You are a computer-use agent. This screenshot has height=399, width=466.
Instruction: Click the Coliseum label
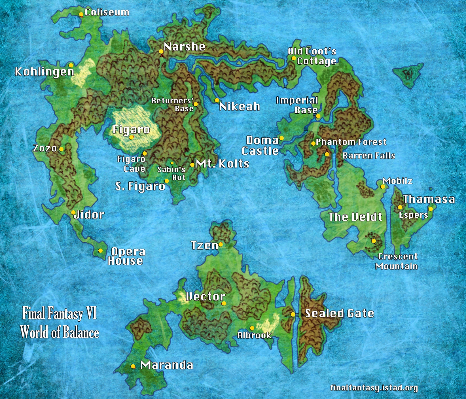pos(107,12)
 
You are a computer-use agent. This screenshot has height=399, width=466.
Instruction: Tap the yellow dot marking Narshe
pos(161,51)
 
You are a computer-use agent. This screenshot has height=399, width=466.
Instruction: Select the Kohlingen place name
pos(45,72)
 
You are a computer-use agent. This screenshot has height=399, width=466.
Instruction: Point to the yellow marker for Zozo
pos(61,149)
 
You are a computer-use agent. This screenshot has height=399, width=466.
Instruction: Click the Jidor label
pos(89,215)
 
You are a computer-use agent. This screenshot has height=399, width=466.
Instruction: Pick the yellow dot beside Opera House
pos(100,251)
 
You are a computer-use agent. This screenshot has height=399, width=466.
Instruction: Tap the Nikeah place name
pos(240,107)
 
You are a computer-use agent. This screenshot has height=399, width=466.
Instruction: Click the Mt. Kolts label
pos(223,164)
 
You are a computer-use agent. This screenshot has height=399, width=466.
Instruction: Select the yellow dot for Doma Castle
pos(281,138)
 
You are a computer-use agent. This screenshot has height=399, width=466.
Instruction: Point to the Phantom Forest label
pos(351,142)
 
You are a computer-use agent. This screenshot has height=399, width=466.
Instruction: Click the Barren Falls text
pos(369,156)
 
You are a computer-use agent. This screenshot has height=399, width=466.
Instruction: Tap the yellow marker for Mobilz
pos(383,186)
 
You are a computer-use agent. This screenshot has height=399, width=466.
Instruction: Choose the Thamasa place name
pos(429,199)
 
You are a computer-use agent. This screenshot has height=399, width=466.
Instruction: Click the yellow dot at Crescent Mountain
pos(374,241)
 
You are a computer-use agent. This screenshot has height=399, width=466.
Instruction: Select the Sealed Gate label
pos(339,313)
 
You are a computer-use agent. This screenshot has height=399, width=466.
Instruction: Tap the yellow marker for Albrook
pos(252,328)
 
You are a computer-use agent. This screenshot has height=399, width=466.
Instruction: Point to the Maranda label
pos(167,365)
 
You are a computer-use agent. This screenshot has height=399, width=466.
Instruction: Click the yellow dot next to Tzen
pos(221,244)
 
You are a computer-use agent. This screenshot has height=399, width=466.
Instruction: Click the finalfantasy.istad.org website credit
pos(374,388)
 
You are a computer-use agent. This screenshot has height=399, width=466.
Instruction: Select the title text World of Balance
pos(60,332)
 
